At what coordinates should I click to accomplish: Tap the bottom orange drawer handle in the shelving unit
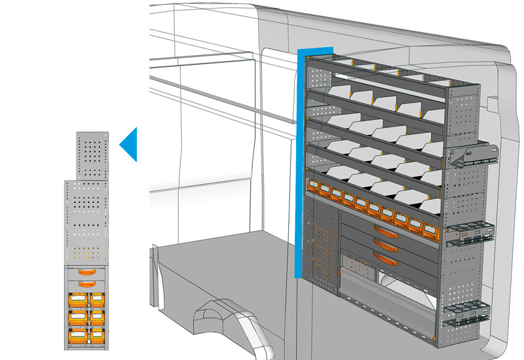pyautogui.click(x=387, y=260)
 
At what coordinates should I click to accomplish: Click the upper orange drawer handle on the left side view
pyautogui.click(x=86, y=272)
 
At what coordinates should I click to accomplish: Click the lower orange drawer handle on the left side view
pyautogui.click(x=86, y=284)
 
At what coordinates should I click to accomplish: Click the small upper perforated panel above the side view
pyautogui.click(x=92, y=155)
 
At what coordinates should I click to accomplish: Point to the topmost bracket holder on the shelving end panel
pyautogui.click(x=473, y=155)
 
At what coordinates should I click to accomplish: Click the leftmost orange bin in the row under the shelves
pyautogui.click(x=312, y=188)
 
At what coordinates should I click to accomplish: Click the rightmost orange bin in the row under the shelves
pyautogui.click(x=430, y=230)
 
